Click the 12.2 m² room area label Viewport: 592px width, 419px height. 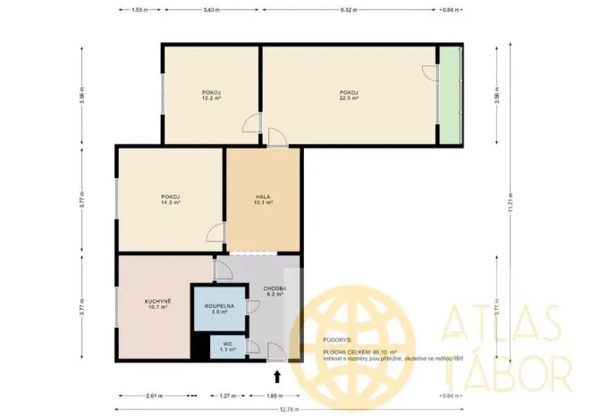211,100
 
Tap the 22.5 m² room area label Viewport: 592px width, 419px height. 349,100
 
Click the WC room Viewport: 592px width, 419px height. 227,346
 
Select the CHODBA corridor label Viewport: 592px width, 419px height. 274,288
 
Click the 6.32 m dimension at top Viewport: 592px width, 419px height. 349,11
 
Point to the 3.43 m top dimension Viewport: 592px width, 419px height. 211,11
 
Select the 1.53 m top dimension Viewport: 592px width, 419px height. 139,11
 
